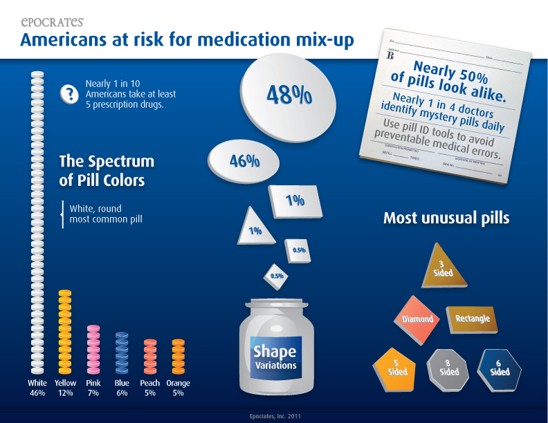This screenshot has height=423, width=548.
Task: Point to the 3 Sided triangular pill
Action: [x=444, y=265]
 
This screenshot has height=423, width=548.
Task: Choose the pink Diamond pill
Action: [x=418, y=319]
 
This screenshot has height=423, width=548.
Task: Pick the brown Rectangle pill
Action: [x=472, y=318]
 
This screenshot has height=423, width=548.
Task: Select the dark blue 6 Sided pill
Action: [x=500, y=366]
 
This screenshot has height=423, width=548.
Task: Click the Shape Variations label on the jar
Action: [x=275, y=357]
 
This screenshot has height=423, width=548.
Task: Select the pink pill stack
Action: [x=93, y=349]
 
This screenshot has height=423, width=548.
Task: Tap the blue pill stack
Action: [x=122, y=352]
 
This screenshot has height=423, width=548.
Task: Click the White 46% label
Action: [x=37, y=388]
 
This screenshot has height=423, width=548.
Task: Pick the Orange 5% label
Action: [x=178, y=388]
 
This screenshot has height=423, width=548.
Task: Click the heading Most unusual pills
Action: [x=446, y=218]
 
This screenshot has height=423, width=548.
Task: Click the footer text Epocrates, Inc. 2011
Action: [x=275, y=416]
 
